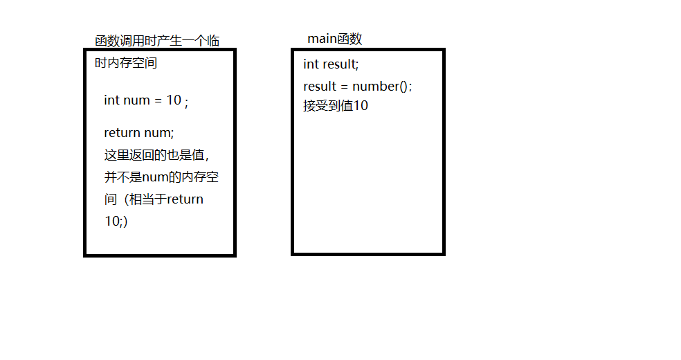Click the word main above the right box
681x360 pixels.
click(323, 39)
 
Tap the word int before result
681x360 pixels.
click(311, 64)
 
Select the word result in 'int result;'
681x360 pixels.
click(340, 64)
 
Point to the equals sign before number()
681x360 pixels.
click(344, 87)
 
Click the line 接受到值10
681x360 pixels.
click(336, 107)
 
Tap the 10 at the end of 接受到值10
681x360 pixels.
click(361, 107)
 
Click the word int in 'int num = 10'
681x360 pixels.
click(111, 100)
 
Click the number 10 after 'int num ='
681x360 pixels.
click(173, 100)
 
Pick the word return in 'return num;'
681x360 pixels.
click(122, 132)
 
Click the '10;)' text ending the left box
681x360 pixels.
click(116, 222)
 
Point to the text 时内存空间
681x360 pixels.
click(126, 64)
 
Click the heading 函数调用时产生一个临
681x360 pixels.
click(157, 41)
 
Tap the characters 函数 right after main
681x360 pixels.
click(350, 39)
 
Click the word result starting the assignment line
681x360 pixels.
click(320, 87)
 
